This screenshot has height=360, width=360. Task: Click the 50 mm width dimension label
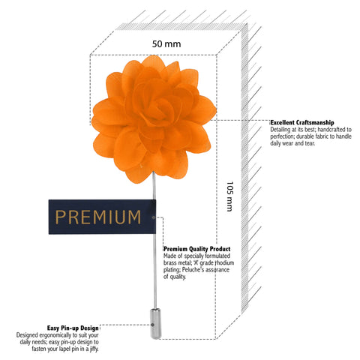coord(166,44)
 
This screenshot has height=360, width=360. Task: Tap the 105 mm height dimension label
coord(229,196)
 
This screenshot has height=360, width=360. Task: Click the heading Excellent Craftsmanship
coord(302,122)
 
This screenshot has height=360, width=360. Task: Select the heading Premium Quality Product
coord(197,249)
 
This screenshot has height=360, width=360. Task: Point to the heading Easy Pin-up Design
coord(73,328)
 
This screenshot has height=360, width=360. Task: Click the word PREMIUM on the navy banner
coord(98,217)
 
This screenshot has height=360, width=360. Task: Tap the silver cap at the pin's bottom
coord(155,324)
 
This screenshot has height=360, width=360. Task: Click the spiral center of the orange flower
coord(160,110)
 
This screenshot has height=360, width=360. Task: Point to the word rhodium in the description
coord(224,263)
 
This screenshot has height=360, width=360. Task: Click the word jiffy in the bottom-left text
coord(94,349)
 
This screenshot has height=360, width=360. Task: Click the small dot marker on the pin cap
coord(152,325)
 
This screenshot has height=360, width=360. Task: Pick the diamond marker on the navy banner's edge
coord(153,217)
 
